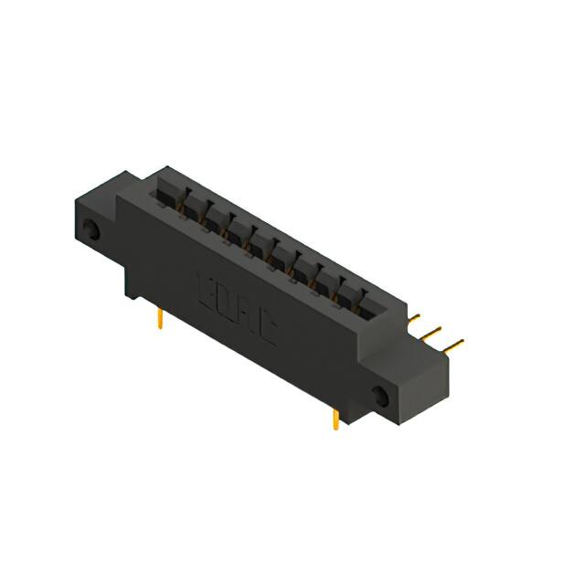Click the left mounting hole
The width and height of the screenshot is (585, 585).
91,229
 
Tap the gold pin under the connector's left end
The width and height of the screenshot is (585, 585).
161,317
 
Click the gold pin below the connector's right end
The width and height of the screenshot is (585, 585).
335,419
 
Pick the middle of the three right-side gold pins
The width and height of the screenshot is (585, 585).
433,331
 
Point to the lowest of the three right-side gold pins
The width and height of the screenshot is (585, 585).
453,344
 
